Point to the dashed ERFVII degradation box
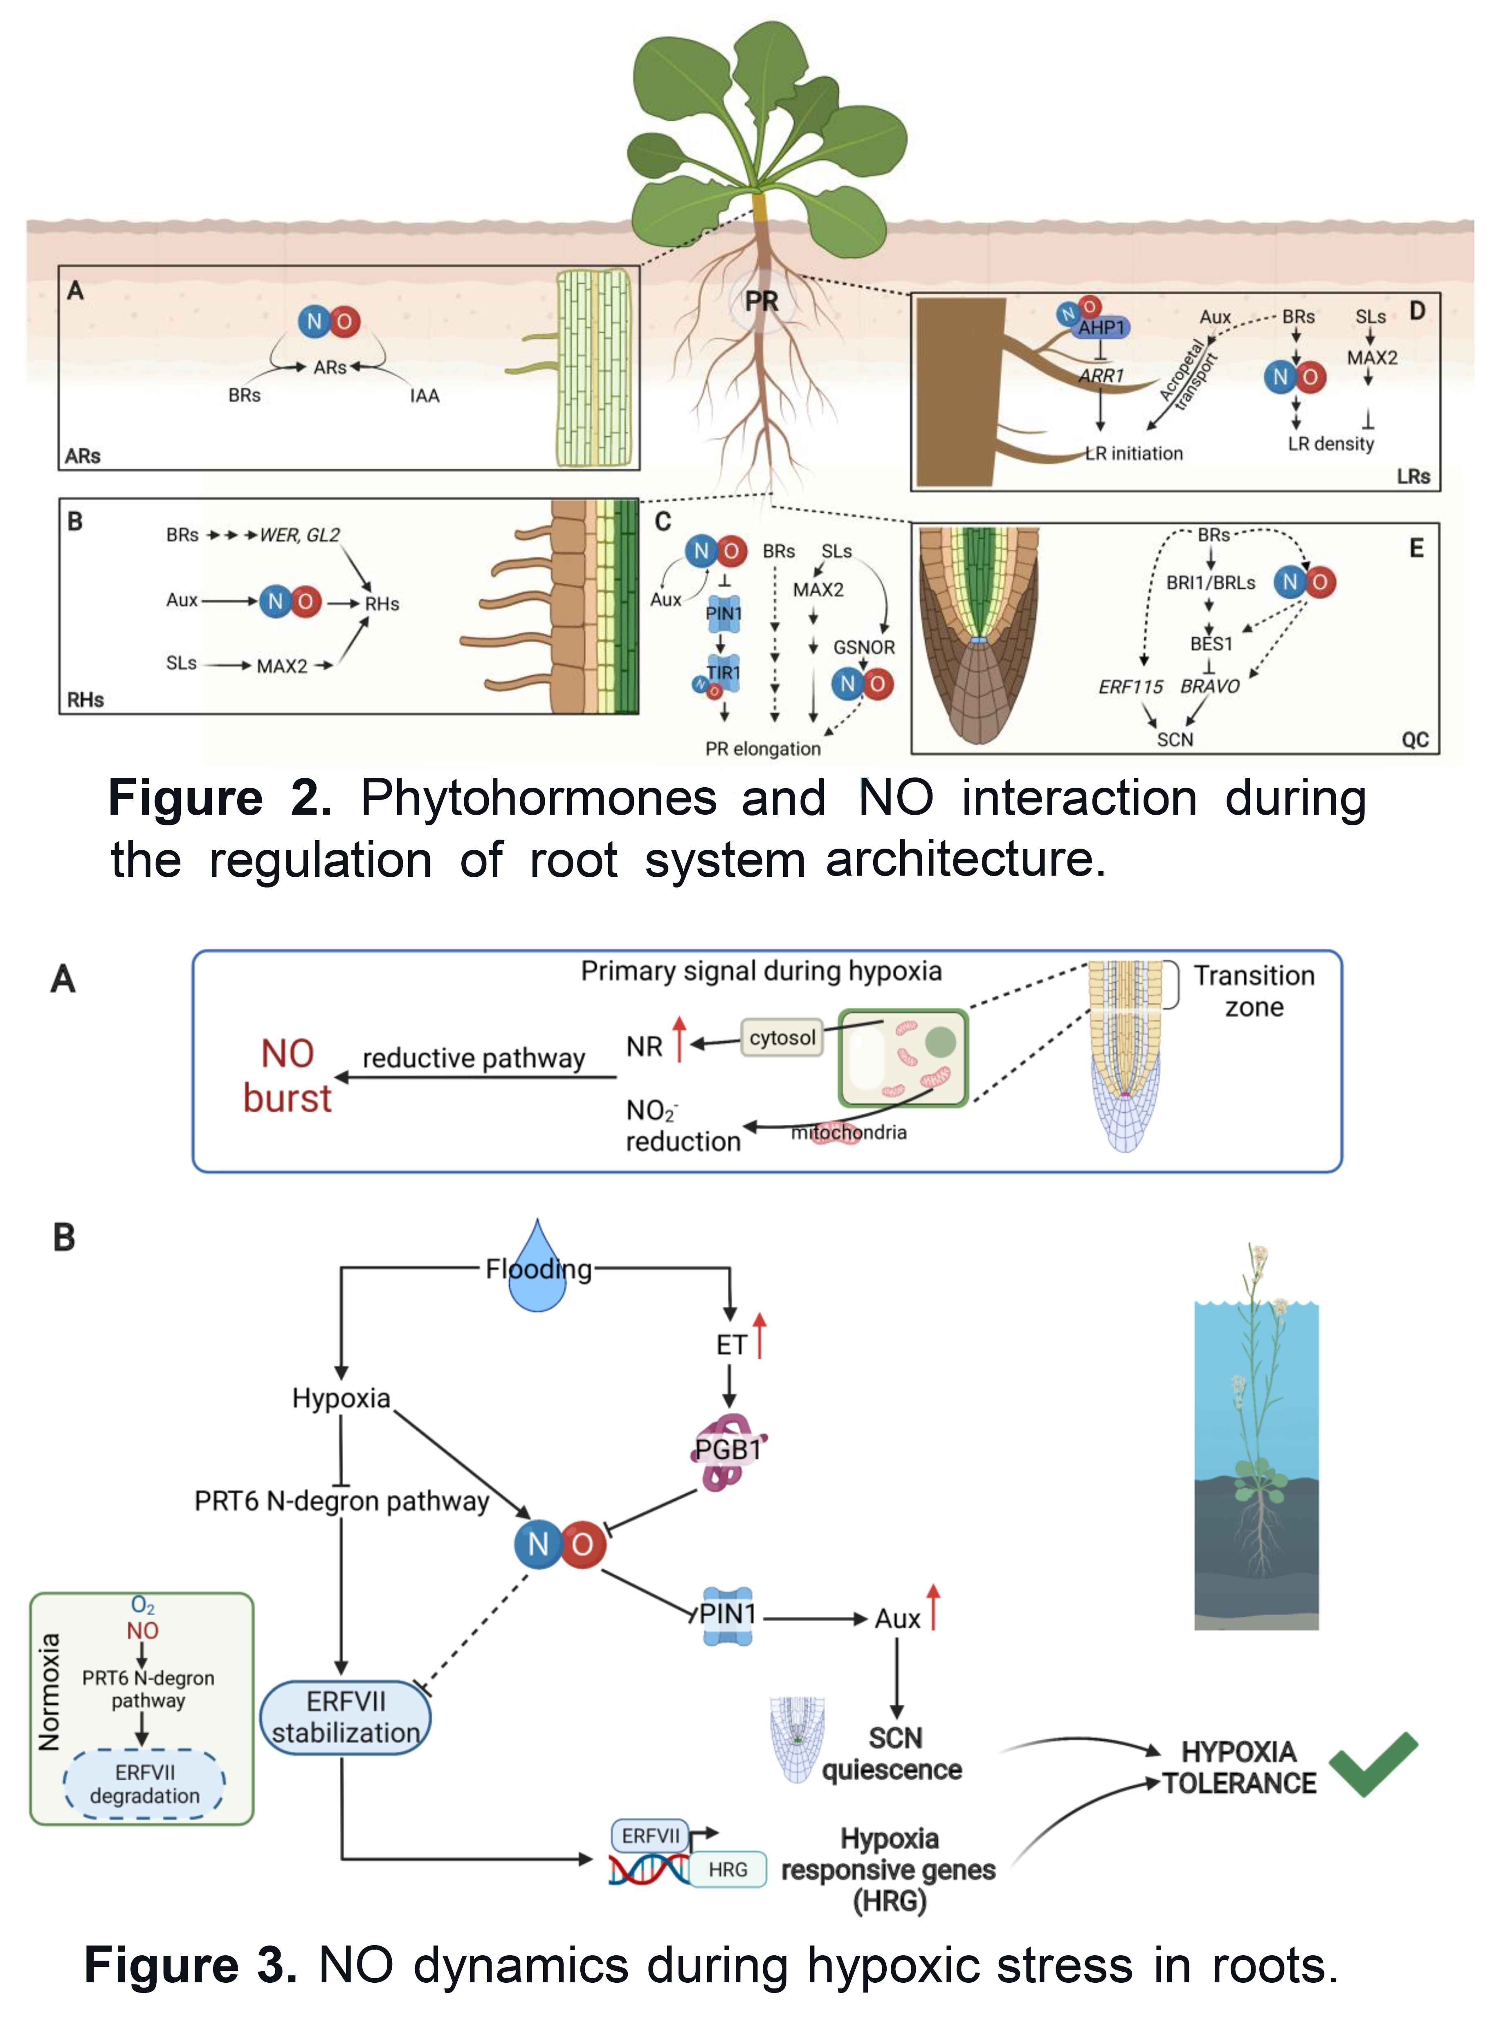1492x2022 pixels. tap(144, 1784)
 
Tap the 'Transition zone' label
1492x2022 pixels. tap(1254, 991)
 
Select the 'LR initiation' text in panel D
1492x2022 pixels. tap(1135, 453)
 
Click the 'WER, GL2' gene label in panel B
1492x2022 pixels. tap(300, 535)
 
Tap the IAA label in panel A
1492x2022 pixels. tap(425, 395)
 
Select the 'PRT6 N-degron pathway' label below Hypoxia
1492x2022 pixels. tap(342, 1501)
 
